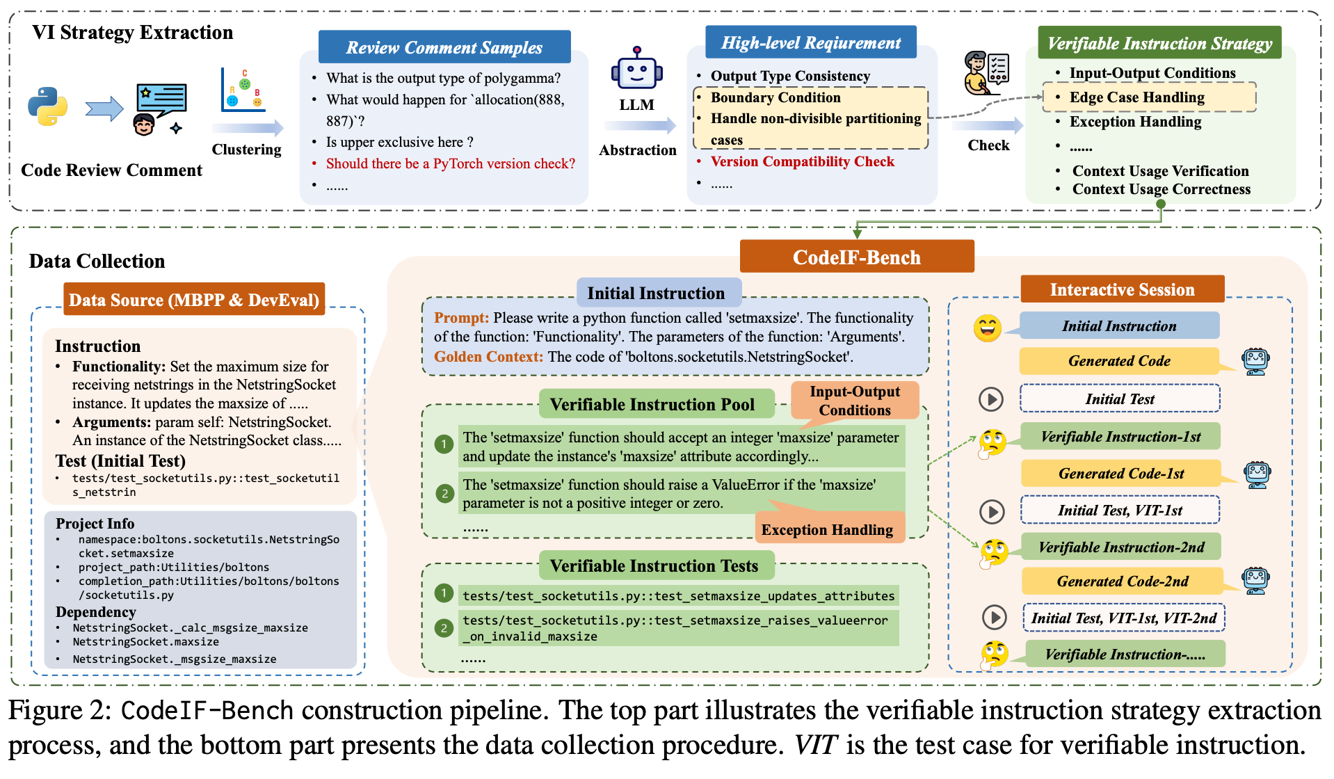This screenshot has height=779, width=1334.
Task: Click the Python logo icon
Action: click(48, 106)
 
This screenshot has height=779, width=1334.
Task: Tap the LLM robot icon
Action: click(636, 69)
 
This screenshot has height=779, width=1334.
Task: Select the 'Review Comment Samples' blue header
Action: click(444, 47)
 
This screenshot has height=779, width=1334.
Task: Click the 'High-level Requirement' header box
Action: click(810, 43)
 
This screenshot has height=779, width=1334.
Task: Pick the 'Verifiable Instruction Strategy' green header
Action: click(1159, 43)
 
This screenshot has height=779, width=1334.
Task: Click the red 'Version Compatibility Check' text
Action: click(802, 161)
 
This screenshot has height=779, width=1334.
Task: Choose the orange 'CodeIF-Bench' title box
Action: click(856, 257)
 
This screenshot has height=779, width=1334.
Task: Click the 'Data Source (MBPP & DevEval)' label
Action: click(194, 300)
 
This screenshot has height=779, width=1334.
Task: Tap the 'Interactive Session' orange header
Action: click(1122, 289)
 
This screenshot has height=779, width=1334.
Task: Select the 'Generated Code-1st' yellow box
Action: click(1120, 474)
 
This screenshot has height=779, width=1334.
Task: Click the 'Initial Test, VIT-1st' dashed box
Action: click(1120, 511)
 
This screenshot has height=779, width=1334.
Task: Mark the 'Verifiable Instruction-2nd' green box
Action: click(1121, 547)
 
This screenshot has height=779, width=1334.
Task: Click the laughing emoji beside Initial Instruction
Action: click(987, 328)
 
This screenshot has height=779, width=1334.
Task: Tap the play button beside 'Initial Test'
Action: click(990, 399)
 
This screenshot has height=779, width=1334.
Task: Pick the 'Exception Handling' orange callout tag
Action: click(827, 529)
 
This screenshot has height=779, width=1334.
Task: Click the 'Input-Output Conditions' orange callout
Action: click(855, 401)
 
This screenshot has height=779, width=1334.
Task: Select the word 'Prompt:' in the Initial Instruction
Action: click(461, 318)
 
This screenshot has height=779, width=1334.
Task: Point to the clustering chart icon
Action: click(243, 90)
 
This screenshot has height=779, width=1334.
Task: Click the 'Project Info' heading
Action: click(95, 524)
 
